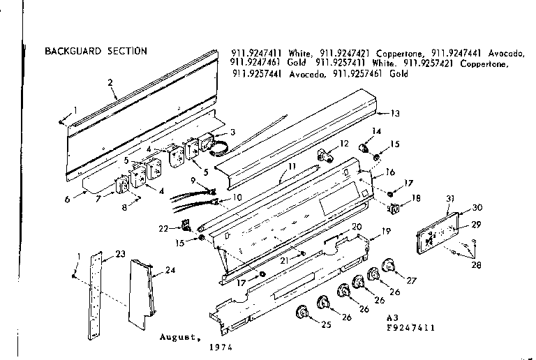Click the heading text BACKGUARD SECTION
(96, 51)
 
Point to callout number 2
(110, 82)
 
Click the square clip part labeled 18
(394, 207)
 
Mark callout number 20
(356, 227)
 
